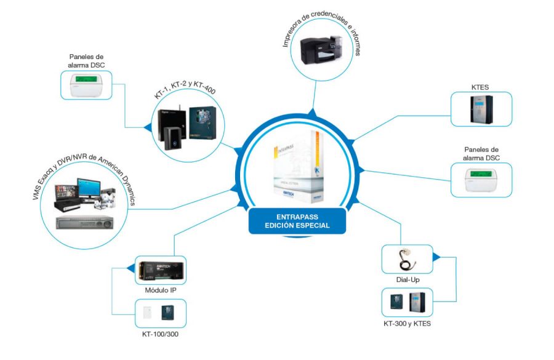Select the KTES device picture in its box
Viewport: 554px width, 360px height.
pos(481,110)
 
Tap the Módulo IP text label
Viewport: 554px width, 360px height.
pos(161,289)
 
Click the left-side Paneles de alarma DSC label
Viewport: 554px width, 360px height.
pos(86,60)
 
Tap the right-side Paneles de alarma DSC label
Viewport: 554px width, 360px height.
pos(481,153)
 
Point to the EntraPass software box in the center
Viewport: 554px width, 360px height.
pos(298,172)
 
